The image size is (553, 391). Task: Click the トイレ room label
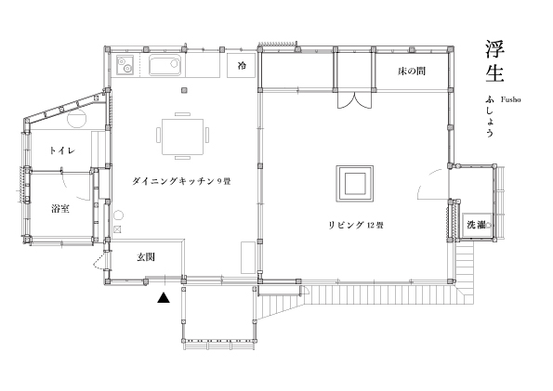click(x=62, y=150)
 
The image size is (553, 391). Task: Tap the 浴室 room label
click(x=60, y=209)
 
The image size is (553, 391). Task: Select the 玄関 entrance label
click(x=146, y=257)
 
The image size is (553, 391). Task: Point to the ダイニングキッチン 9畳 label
click(x=181, y=182)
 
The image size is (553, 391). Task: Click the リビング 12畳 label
click(x=356, y=225)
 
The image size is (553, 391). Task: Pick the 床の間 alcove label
click(x=412, y=72)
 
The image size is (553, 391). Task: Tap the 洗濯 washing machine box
click(x=478, y=226)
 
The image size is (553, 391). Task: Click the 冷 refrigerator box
click(x=242, y=65)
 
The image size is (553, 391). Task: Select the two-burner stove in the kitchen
click(x=125, y=66)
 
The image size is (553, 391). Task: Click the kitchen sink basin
click(x=165, y=65)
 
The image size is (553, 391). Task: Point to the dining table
click(x=183, y=137)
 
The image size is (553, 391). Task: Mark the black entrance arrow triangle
click(x=164, y=298)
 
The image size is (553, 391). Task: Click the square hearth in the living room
click(x=354, y=183)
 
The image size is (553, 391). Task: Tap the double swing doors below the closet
click(x=354, y=99)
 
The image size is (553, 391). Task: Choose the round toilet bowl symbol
click(x=77, y=119)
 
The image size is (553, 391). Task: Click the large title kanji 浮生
click(x=494, y=61)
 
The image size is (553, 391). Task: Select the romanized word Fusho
click(x=510, y=99)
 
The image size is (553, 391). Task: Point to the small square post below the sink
click(x=184, y=91)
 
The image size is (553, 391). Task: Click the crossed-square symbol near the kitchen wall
click(x=118, y=229)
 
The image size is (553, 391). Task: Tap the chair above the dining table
click(x=183, y=114)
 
